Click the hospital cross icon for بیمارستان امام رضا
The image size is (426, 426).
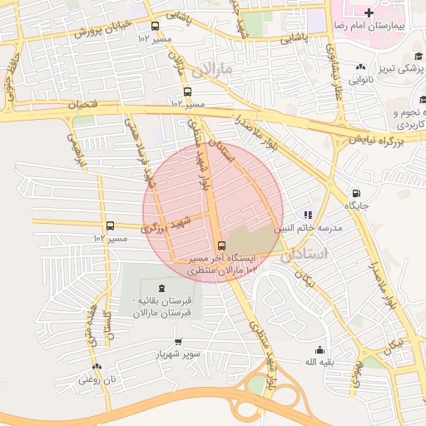click(x=369, y=12)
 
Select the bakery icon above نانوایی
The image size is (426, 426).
click(x=359, y=67)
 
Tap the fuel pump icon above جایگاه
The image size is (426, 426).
click(x=357, y=192)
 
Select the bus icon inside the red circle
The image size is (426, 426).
click(x=220, y=245)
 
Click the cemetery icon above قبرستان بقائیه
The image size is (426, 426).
click(x=161, y=287)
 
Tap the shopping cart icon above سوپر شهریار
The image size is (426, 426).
click(x=177, y=342)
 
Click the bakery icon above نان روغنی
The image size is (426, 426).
click(x=97, y=367)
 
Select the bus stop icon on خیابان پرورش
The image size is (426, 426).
click(x=154, y=26)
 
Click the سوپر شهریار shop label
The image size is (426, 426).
click(x=176, y=354)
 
